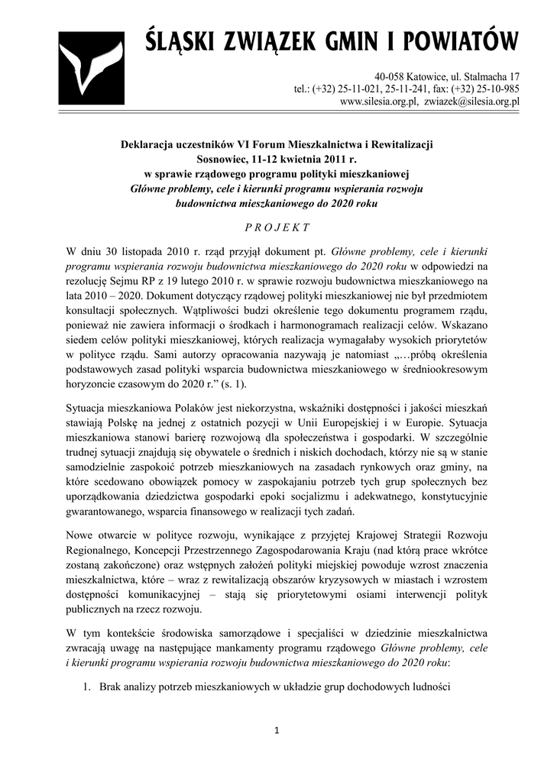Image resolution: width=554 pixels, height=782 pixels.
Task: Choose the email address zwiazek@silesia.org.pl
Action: [472, 101]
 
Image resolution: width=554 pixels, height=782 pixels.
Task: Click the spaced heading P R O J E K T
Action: [277, 227]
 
